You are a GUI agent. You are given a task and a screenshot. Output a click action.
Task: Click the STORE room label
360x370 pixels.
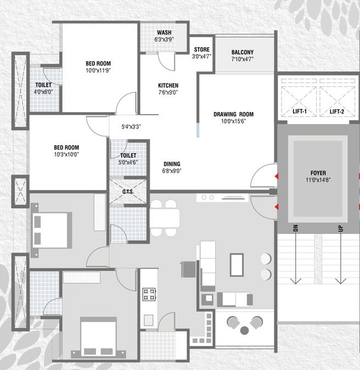click(x=201, y=49)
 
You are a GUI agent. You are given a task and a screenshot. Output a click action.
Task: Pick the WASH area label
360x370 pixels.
click(x=164, y=32)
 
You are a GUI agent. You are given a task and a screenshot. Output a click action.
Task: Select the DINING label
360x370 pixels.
click(x=172, y=164)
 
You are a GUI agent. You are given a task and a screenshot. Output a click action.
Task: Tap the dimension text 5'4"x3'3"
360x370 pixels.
click(x=132, y=127)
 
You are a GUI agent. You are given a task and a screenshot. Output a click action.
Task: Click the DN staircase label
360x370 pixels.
click(x=295, y=228)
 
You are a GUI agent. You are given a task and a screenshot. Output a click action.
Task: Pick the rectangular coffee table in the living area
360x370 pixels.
click(x=238, y=265)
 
